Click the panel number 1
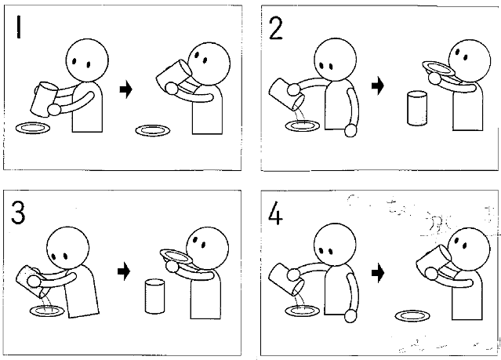point(19,27)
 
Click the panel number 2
point(276,28)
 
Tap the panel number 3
point(18,213)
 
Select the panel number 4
point(275,213)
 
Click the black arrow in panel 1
point(126,89)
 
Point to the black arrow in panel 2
point(378,85)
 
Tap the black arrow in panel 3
point(124,271)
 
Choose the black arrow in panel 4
point(378,273)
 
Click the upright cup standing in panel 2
point(417,108)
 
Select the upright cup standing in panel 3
point(155,296)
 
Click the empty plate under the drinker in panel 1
point(153,130)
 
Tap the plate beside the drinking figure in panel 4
point(412,316)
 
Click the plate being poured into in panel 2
point(303,125)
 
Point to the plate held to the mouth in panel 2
point(438,69)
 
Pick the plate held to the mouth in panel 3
point(176,256)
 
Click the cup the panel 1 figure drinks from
point(173,78)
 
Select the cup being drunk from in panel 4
point(433,262)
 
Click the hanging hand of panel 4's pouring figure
point(350,316)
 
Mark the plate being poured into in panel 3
point(47,311)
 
